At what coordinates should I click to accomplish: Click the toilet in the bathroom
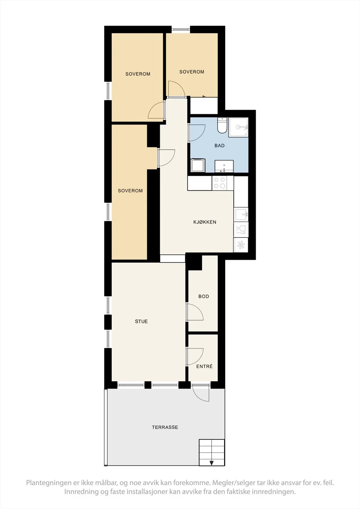[x=222, y=125]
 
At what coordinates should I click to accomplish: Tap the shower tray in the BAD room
[x=238, y=127]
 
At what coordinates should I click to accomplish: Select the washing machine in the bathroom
[x=198, y=165]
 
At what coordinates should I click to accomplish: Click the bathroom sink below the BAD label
[x=224, y=166]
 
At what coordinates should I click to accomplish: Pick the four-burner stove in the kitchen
[x=219, y=183]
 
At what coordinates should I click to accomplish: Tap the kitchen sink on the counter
[x=241, y=214]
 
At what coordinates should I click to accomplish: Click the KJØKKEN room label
[x=205, y=222]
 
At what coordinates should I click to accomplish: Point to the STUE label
[x=141, y=321]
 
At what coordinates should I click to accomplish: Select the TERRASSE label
[x=165, y=427]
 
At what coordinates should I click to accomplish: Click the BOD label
[x=203, y=296]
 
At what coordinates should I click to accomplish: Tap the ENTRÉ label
[x=204, y=366]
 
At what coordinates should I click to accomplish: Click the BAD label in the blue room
[x=219, y=146]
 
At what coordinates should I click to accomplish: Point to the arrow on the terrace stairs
[x=211, y=463]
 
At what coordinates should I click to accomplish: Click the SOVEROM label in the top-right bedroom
[x=192, y=72]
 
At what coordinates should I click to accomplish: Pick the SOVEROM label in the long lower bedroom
[x=130, y=191]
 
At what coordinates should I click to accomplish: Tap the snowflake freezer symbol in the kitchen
[x=241, y=245]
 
